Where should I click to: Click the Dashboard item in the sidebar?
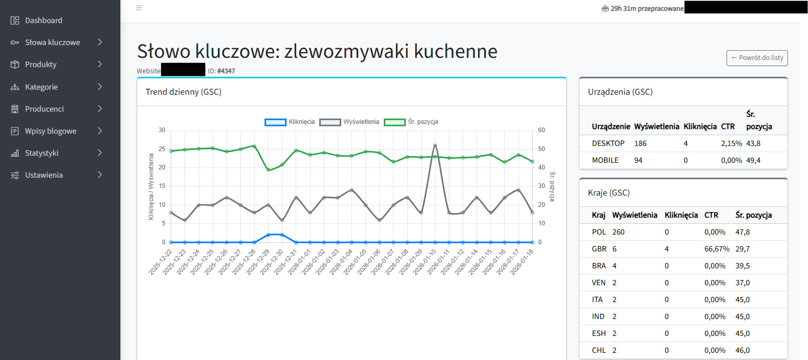click(x=44, y=20)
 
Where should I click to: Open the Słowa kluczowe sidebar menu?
click(x=52, y=43)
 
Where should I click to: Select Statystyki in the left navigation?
click(x=42, y=153)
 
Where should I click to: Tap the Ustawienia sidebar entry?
click(x=44, y=175)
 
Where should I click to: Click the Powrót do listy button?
click(x=757, y=58)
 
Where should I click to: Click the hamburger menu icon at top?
click(x=139, y=8)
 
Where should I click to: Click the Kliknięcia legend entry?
click(x=290, y=122)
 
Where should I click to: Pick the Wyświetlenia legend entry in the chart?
click(x=349, y=122)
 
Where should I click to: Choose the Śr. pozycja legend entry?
click(x=411, y=122)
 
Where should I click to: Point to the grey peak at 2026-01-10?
click(x=435, y=145)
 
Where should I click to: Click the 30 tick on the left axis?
click(x=162, y=130)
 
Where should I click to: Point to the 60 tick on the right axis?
click(x=542, y=130)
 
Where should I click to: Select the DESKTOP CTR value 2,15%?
click(x=731, y=143)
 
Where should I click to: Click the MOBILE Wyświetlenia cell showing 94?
click(x=638, y=160)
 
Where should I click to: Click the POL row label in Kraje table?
click(x=599, y=232)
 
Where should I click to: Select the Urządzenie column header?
click(x=611, y=126)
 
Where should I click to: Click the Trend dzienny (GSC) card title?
click(x=183, y=92)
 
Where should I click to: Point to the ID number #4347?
click(x=226, y=71)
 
